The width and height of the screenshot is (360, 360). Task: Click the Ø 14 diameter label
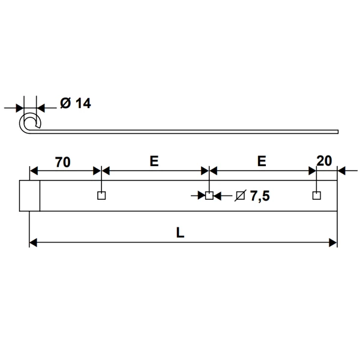point(75,104)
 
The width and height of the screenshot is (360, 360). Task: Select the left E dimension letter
point(154,161)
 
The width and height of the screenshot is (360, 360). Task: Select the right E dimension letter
point(261,161)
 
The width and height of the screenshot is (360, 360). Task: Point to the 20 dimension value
point(324,161)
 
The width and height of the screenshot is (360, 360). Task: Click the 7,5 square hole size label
point(252,196)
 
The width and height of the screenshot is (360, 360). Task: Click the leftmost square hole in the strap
point(101,196)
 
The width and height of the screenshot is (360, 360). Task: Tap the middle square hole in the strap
point(209,196)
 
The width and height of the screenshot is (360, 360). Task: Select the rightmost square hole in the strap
point(316,196)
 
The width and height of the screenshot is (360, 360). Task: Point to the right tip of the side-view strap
point(337,131)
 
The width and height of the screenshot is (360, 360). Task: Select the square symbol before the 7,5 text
point(239,196)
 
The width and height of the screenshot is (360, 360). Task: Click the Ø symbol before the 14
point(65,104)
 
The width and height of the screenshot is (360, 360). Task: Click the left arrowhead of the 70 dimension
point(34,170)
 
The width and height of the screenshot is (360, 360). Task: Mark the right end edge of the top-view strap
point(337,196)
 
